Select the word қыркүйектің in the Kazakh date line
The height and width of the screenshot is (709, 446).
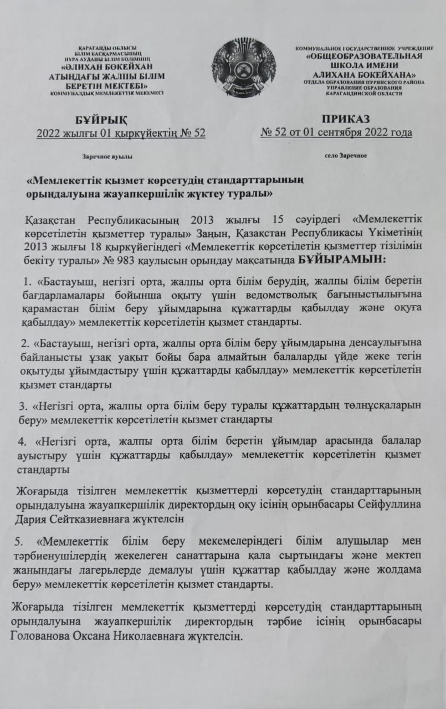pyautogui.click(x=139, y=133)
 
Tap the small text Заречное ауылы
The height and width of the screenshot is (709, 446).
pyautogui.click(x=107, y=157)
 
